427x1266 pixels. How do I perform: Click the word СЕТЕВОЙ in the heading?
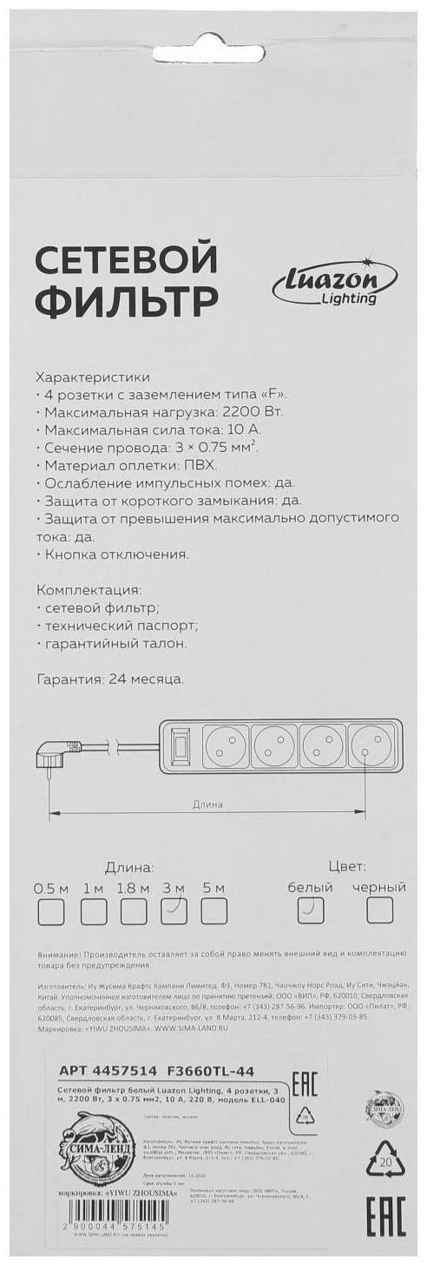click(125, 260)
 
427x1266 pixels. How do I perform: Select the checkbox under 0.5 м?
click(51, 911)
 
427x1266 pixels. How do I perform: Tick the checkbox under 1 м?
click(94, 911)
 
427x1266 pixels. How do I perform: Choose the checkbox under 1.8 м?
click(134, 911)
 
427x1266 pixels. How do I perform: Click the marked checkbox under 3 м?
click(174, 911)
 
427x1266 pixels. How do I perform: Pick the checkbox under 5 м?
click(213, 911)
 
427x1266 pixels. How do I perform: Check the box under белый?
click(311, 909)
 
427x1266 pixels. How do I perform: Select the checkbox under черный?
click(379, 909)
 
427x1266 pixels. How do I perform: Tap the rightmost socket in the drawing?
click(374, 744)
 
